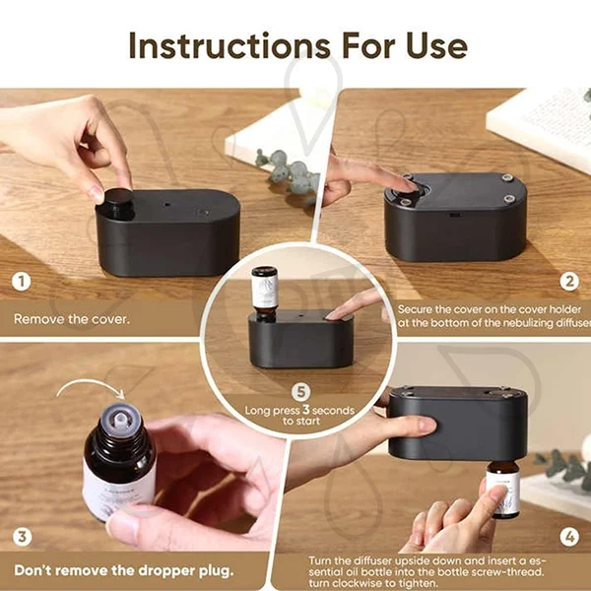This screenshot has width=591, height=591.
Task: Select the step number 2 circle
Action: point(568,282)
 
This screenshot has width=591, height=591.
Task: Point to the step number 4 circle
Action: point(568,537)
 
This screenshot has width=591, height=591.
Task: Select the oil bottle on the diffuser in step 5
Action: point(264,293)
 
